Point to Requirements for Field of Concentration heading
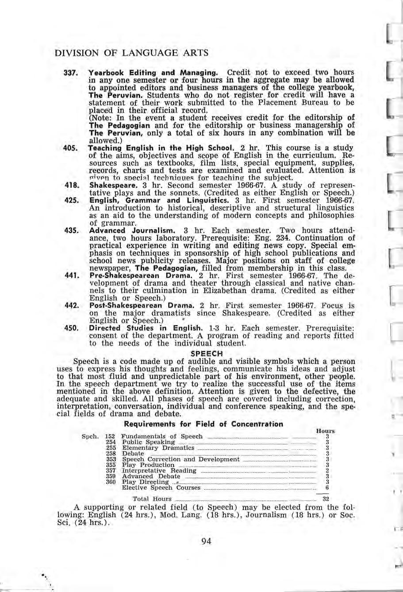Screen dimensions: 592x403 click(x=203, y=424)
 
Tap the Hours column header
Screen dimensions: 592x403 click(x=326, y=431)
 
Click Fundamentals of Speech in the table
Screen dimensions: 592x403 click(x=162, y=436)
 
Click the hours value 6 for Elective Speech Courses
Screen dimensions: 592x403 click(x=326, y=488)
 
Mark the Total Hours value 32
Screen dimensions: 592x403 click(x=326, y=499)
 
